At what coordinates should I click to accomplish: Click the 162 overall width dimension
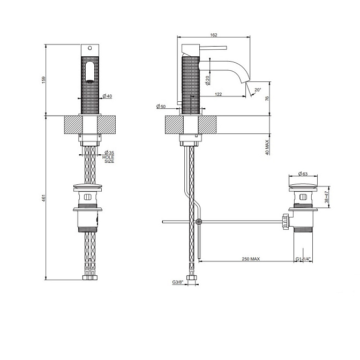pyautogui.click(x=214, y=35)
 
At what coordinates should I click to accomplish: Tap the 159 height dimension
pyautogui.click(x=44, y=80)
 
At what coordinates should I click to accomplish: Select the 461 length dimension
pyautogui.click(x=44, y=198)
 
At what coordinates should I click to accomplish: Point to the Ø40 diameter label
pyautogui.click(x=107, y=96)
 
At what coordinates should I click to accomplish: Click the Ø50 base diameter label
pyautogui.click(x=161, y=106)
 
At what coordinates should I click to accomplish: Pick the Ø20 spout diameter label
pyautogui.click(x=208, y=80)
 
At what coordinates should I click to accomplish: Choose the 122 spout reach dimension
pyautogui.click(x=219, y=94)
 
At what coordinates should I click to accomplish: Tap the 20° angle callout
pyautogui.click(x=258, y=90)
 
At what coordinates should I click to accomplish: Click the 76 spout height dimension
pyautogui.click(x=267, y=99)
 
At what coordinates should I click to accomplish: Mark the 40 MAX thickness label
pyautogui.click(x=267, y=147)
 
